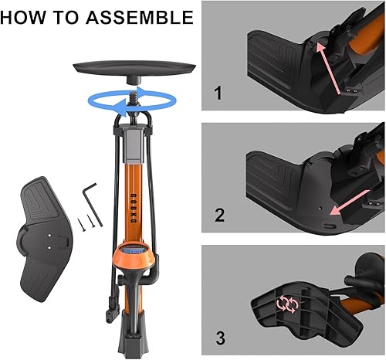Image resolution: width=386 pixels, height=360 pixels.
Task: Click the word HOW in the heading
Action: (x=29, y=17)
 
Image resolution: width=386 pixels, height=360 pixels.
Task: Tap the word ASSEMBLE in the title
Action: (x=140, y=17)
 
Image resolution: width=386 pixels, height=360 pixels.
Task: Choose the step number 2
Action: (x=218, y=216)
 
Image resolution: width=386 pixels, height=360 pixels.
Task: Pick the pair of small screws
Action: (x=88, y=221)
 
